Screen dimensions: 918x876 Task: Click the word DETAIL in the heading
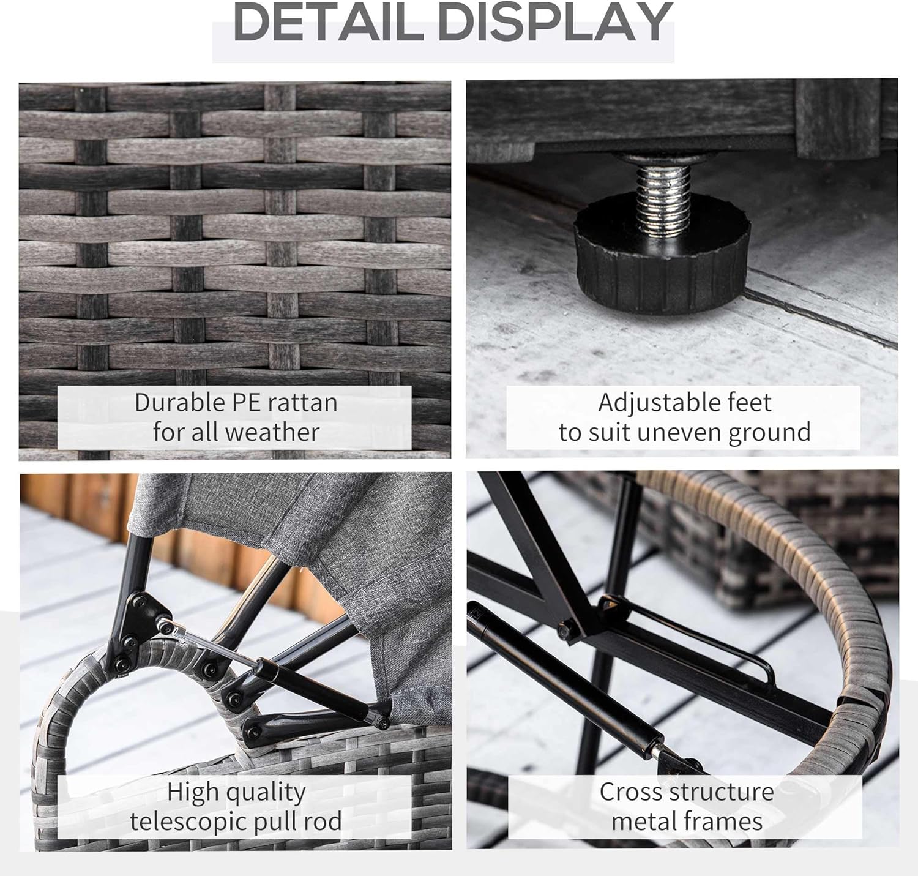328,22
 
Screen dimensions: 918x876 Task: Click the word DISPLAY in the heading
556,22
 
